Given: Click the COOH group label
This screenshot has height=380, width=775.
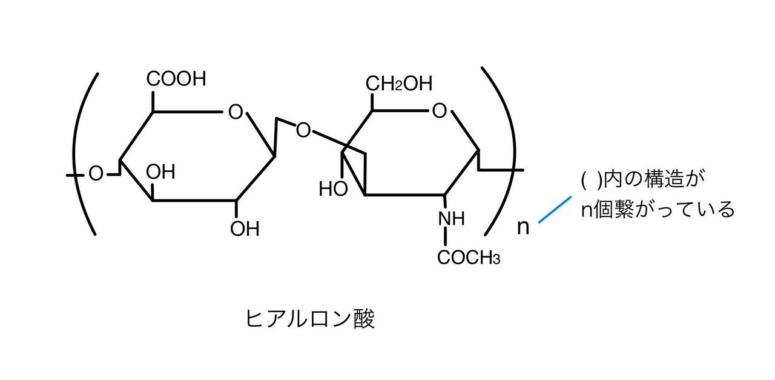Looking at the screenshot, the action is [176, 79].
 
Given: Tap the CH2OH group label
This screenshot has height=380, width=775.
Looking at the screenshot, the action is [399, 84].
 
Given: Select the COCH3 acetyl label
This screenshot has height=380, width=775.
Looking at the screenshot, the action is [469, 258].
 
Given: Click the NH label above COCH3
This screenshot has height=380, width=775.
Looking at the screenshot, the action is [452, 219].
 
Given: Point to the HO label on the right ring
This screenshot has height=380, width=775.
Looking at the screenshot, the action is [333, 188].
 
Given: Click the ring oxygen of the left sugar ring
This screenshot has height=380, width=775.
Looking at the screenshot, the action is [236, 112].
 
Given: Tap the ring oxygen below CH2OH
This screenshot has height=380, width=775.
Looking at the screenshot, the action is [440, 111].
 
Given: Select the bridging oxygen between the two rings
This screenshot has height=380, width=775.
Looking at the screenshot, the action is [303, 130].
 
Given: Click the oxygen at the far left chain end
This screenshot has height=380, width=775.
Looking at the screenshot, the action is [96, 173].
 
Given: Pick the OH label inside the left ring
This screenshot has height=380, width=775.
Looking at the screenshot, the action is [160, 172].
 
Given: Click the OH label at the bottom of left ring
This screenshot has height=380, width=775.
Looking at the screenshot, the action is [245, 228].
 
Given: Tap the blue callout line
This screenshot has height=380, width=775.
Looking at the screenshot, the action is [555, 209].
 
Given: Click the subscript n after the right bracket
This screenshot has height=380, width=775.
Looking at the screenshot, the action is [523, 228].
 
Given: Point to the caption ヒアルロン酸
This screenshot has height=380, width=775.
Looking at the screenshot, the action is [310, 319].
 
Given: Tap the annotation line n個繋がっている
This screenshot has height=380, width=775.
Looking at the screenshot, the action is [658, 209].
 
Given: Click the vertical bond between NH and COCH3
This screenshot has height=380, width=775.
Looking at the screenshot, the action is [445, 238].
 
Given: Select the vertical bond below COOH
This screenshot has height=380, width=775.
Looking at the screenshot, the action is [153, 101].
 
